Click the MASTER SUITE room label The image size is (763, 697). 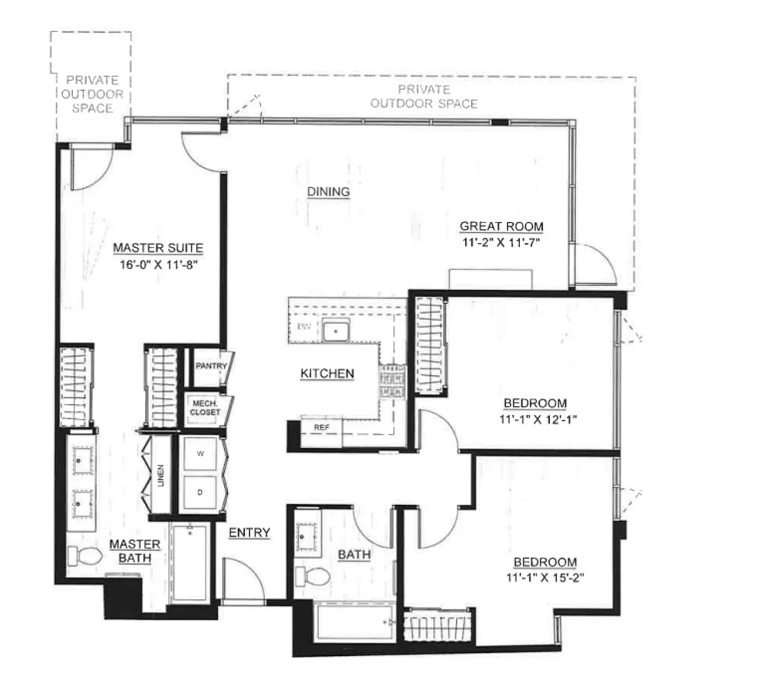[157, 248]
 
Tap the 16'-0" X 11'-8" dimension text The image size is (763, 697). [159, 265]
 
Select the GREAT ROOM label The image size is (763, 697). [501, 227]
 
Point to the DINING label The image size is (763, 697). [328, 192]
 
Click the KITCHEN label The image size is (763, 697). [327, 373]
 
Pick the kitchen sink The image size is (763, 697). [335, 331]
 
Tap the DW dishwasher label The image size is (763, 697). [304, 326]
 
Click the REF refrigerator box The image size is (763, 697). [321, 427]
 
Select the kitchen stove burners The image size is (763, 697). [392, 382]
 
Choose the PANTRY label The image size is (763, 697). [210, 366]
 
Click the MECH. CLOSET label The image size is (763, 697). [205, 408]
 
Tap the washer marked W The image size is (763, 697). [200, 454]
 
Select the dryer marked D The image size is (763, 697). [200, 493]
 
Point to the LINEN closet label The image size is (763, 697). [161, 475]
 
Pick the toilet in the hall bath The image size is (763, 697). [312, 576]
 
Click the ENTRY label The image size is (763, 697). [249, 533]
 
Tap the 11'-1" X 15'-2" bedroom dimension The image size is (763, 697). [545, 577]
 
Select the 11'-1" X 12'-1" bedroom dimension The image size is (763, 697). [538, 419]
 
